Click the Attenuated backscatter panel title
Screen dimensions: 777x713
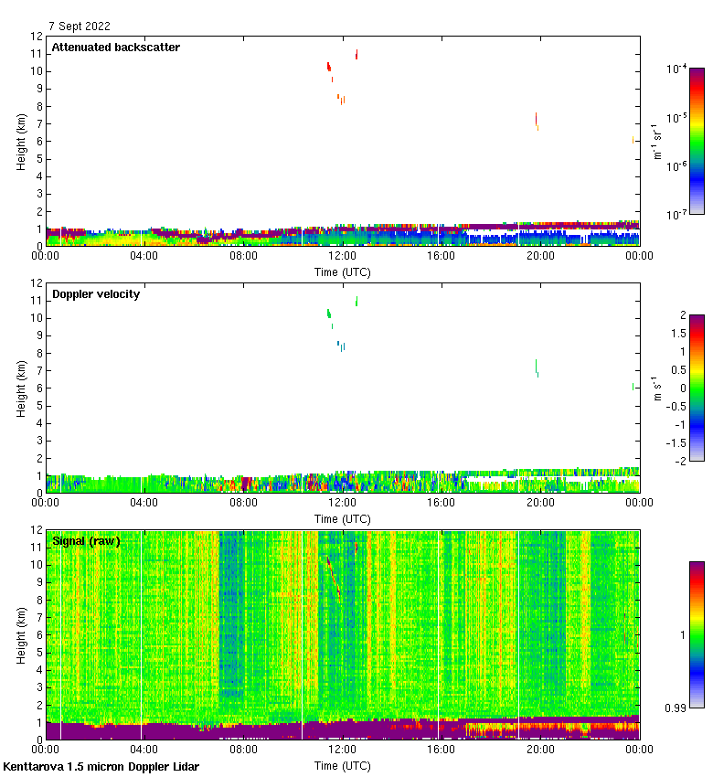pyautogui.click(x=115, y=48)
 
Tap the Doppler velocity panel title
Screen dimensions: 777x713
pyautogui.click(x=96, y=294)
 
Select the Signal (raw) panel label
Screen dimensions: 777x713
pyautogui.click(x=86, y=541)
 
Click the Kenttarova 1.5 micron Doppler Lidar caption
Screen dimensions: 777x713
pyautogui.click(x=101, y=767)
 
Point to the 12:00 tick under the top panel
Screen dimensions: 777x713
pyautogui.click(x=342, y=257)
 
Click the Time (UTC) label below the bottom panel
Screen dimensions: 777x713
pyautogui.click(x=342, y=765)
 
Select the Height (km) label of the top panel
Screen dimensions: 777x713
pyautogui.click(x=21, y=141)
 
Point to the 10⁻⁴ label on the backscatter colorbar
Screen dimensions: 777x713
pyautogui.click(x=677, y=69)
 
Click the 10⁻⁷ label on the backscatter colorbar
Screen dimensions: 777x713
pyautogui.click(x=677, y=214)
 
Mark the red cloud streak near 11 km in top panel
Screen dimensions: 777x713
pyautogui.click(x=356, y=54)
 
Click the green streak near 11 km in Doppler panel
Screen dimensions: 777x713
pyautogui.click(x=356, y=301)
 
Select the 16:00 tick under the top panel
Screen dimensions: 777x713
pyautogui.click(x=441, y=257)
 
